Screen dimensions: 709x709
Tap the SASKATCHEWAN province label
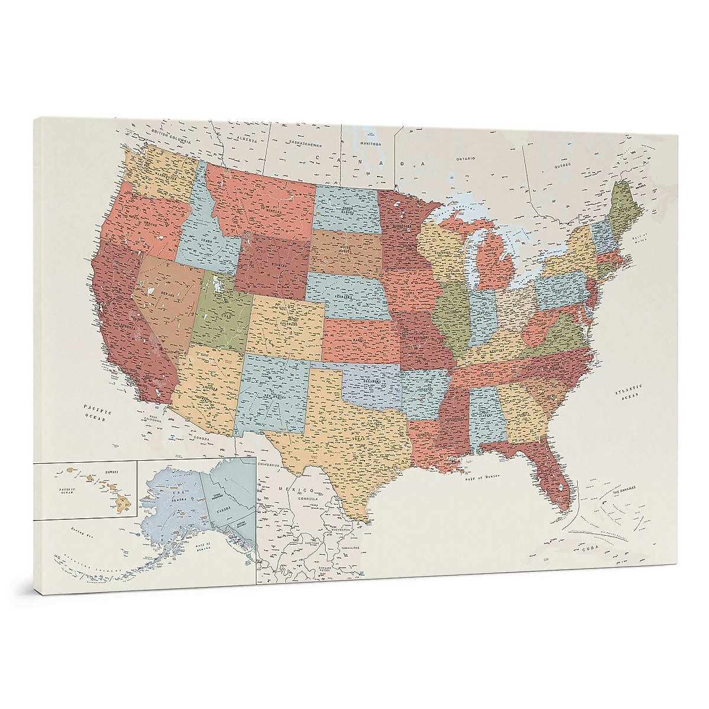tap(303, 144)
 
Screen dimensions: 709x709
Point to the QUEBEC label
tap(562, 166)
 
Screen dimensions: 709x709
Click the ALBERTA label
tap(247, 140)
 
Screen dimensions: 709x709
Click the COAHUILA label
tap(308, 499)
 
